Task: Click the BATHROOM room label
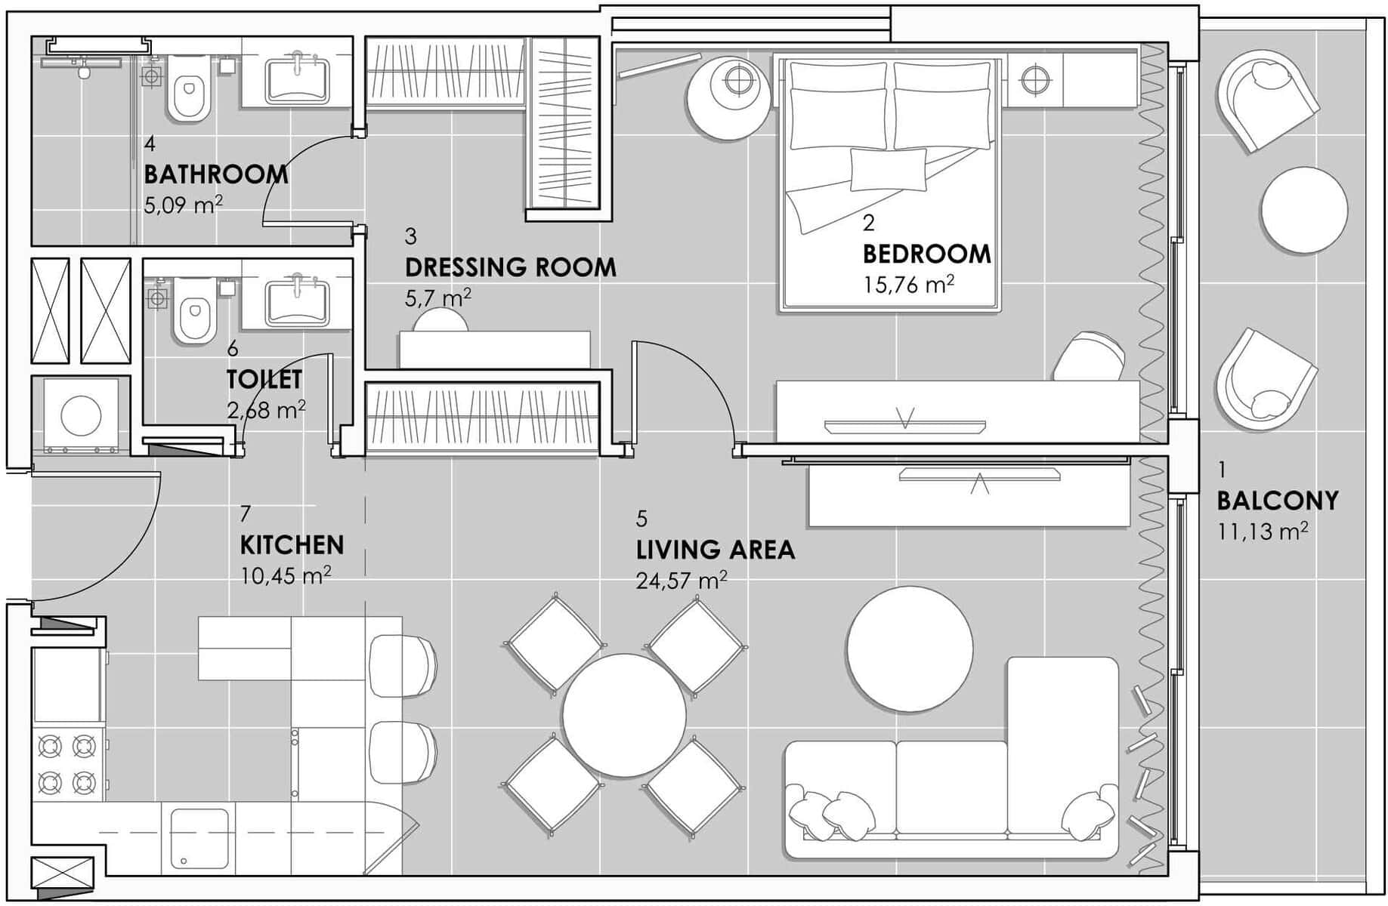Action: (216, 174)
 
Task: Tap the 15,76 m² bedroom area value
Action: (908, 285)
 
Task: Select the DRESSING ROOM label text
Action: (511, 267)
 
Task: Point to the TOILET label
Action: (264, 379)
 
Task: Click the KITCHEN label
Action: (292, 545)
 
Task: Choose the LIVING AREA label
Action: (716, 550)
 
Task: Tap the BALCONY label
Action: (1278, 501)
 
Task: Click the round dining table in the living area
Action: (624, 715)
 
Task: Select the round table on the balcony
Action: (1303, 210)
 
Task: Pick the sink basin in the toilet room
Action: (297, 304)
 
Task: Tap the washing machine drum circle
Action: (81, 415)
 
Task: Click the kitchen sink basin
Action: (199, 838)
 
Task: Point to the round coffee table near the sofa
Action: (910, 649)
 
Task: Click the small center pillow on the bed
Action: (889, 169)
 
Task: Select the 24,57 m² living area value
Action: (682, 581)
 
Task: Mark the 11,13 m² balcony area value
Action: (1263, 532)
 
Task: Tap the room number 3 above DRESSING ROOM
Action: (411, 236)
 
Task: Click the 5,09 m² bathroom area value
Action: (184, 205)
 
